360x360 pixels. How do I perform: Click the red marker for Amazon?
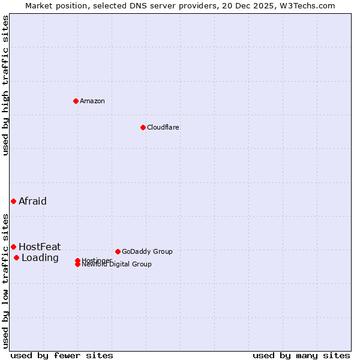tap(76, 101)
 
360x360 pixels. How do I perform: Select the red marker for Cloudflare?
tap(143, 127)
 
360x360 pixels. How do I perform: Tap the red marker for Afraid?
tap(13, 201)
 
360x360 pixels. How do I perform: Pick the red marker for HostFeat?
tap(13, 247)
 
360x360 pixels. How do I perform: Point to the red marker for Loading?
tap(16, 258)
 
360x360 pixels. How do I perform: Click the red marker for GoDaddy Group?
tap(118, 251)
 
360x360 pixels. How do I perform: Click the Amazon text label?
tap(92, 101)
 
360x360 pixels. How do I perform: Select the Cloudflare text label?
tap(163, 127)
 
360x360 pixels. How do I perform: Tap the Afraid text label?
tap(32, 201)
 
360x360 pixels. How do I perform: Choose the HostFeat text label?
tap(40, 247)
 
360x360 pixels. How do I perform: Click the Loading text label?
tap(40, 258)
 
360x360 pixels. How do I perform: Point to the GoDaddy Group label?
tap(147, 251)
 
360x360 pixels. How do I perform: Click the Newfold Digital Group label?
tap(117, 265)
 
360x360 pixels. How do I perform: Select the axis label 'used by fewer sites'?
tap(62, 355)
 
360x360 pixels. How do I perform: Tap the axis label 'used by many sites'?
tap(301, 355)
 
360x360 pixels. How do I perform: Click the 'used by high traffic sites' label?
tap(5, 85)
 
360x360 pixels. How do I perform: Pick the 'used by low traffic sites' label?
tap(5, 280)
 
